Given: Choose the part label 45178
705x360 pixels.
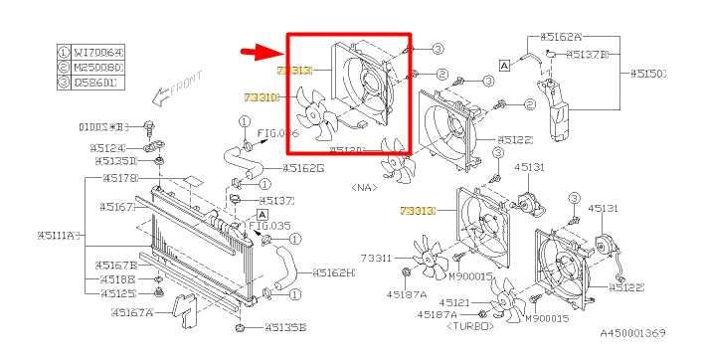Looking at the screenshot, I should tap(119, 179).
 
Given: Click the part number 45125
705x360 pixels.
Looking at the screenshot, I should tap(116, 293).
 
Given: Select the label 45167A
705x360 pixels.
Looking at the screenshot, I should tap(123, 312).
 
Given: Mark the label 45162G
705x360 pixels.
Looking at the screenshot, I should tap(304, 168).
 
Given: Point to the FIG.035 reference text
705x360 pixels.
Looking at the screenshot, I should tap(273, 226).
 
